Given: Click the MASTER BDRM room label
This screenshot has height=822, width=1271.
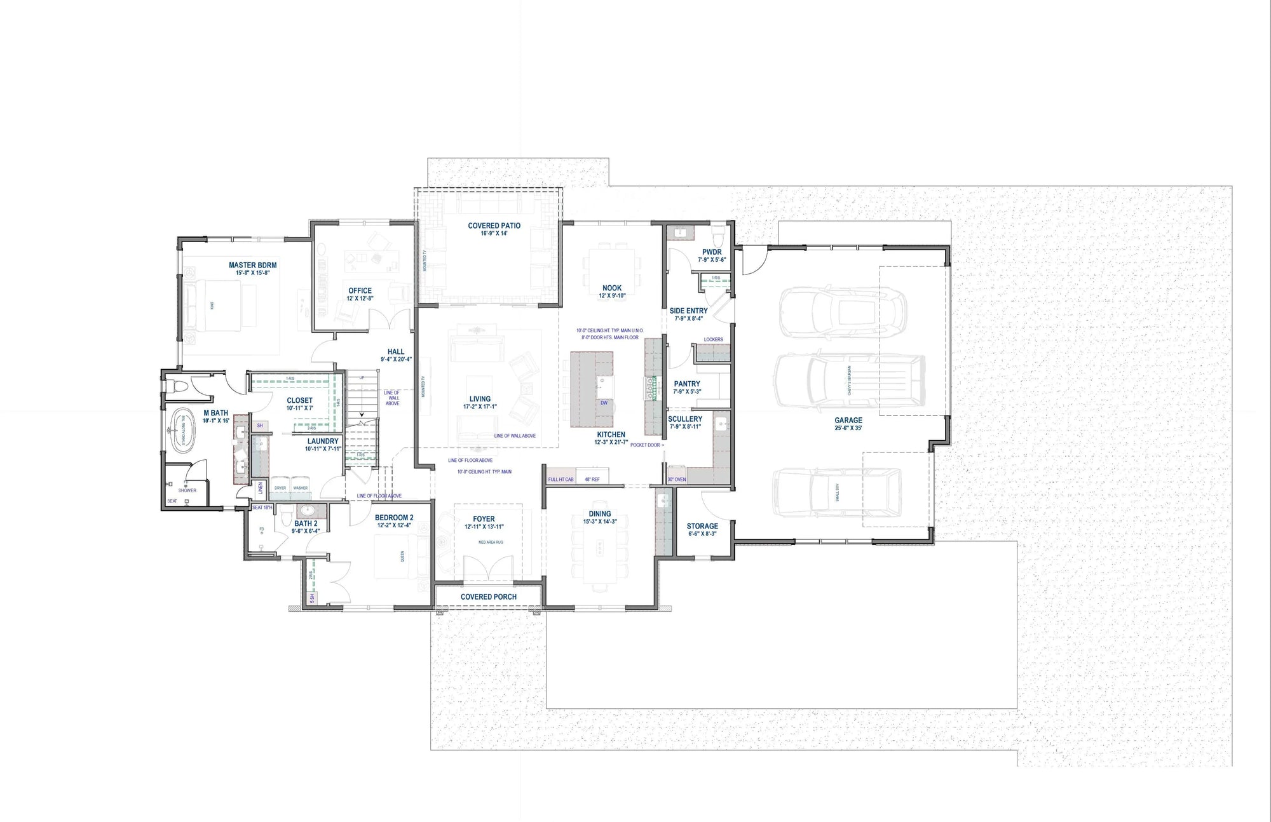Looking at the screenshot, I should (x=252, y=266).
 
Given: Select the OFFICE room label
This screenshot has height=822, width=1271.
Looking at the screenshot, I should (x=360, y=291).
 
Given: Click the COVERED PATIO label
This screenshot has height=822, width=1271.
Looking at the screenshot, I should (x=494, y=226).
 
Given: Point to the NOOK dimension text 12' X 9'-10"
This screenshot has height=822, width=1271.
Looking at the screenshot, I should (x=612, y=295).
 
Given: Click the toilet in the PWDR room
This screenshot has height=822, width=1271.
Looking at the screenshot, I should (x=718, y=236).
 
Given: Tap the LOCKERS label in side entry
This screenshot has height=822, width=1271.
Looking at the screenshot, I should (x=713, y=339).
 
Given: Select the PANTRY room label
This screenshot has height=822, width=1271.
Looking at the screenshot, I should (x=686, y=384).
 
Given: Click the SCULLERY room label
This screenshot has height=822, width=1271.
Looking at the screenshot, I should (x=685, y=419).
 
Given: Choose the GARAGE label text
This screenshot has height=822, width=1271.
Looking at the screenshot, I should (x=848, y=420).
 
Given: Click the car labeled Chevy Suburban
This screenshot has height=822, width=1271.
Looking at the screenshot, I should (x=848, y=381).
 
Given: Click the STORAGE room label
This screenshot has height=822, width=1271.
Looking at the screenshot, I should (x=702, y=526).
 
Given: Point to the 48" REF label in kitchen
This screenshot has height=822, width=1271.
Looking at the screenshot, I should (x=592, y=479).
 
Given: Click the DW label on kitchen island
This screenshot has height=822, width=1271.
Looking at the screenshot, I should (x=604, y=403).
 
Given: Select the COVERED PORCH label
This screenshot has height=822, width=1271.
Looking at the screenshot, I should (x=488, y=596).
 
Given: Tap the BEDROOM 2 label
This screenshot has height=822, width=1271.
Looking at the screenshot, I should (x=394, y=517).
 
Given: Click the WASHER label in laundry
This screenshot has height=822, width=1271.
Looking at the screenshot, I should (x=300, y=488).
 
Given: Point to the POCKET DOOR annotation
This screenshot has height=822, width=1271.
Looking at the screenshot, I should (x=645, y=445).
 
